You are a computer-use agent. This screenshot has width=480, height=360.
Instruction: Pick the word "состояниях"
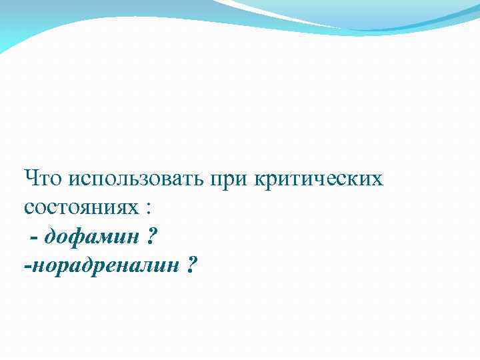(79, 208)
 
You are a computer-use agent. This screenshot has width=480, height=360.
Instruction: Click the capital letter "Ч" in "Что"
(31, 179)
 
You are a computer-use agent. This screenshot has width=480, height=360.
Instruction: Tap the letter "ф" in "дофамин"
(76, 237)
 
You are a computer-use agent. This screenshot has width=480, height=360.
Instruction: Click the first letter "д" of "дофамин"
(51, 237)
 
